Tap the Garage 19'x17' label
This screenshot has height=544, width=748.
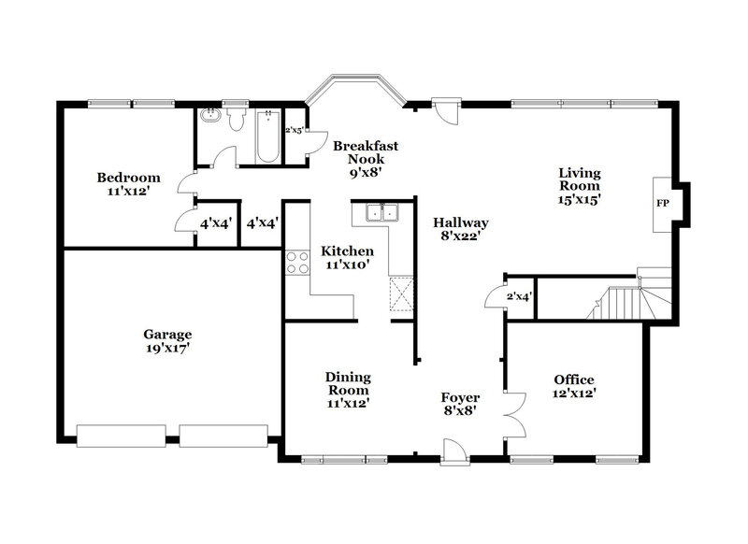(167, 341)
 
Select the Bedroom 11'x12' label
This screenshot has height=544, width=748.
(128, 184)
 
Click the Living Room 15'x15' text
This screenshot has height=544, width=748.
(580, 185)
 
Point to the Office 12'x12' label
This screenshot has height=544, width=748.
(573, 386)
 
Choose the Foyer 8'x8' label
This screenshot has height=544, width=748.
(460, 404)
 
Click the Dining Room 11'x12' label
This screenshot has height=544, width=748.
(348, 390)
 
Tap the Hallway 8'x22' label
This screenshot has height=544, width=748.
(460, 230)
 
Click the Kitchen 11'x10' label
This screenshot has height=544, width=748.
(347, 258)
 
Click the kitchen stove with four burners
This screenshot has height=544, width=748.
(297, 263)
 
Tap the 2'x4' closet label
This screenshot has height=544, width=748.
(519, 296)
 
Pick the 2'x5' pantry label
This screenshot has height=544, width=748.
(294, 130)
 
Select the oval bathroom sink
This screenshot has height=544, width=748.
(209, 119)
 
